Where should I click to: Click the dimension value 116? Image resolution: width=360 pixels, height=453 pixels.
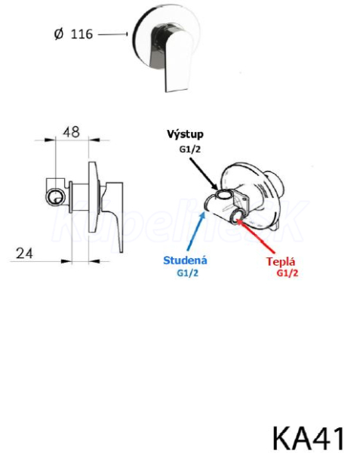tap(82, 34)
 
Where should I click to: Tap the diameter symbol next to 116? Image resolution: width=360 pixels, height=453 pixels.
tap(58, 34)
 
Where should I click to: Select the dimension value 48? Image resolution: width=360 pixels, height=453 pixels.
tap(71, 132)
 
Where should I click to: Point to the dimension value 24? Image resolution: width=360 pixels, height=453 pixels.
tap(24, 254)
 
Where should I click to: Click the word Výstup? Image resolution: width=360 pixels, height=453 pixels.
tap(185, 134)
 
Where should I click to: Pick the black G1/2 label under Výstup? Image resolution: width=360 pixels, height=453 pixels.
tap(190, 149)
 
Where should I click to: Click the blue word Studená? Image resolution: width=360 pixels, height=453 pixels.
tap(185, 260)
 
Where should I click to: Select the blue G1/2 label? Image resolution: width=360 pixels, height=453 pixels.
tap(188, 273)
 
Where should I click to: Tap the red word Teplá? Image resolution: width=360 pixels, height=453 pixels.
tap(281, 261)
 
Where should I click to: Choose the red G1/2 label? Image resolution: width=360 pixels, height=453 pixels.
tap(288, 273)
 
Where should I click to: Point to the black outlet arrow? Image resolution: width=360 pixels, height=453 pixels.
tap(204, 174)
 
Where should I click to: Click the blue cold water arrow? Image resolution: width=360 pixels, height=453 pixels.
tap(196, 231)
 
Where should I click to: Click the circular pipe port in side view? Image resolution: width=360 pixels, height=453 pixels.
tap(56, 198)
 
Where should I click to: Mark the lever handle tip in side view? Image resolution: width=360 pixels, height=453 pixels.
tap(121, 250)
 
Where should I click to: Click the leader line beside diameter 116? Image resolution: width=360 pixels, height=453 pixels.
tap(113, 35)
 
